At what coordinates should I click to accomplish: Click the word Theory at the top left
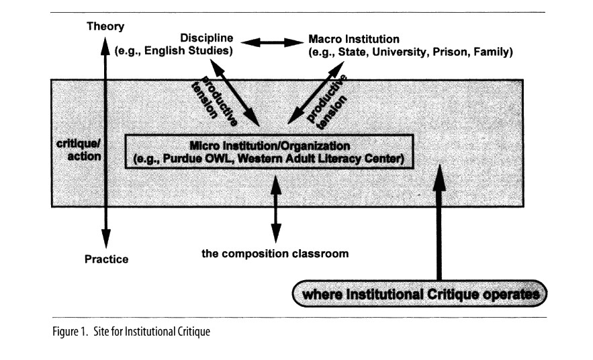[x=105, y=26]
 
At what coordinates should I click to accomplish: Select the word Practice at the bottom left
[x=106, y=259]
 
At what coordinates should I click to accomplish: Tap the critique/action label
[x=79, y=151]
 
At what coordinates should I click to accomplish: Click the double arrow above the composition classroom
[x=275, y=208]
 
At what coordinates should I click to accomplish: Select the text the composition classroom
[x=275, y=254]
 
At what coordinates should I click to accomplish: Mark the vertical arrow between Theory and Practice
[x=105, y=141]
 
